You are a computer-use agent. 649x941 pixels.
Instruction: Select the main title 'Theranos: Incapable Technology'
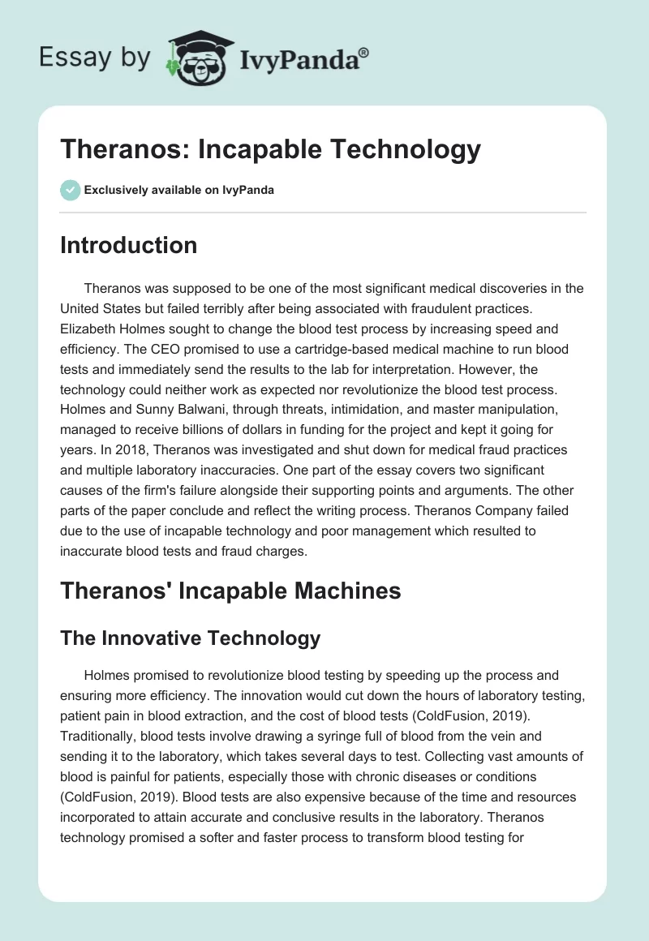[x=270, y=149]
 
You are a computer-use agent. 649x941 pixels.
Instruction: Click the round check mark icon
[x=70, y=190]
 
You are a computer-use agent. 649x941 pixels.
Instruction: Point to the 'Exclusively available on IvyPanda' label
[x=179, y=190]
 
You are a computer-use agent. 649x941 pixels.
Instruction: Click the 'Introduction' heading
[x=128, y=245]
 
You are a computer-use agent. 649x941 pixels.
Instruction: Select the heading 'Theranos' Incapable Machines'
[x=230, y=591]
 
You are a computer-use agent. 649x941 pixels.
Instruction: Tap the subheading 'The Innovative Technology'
[x=190, y=638]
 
